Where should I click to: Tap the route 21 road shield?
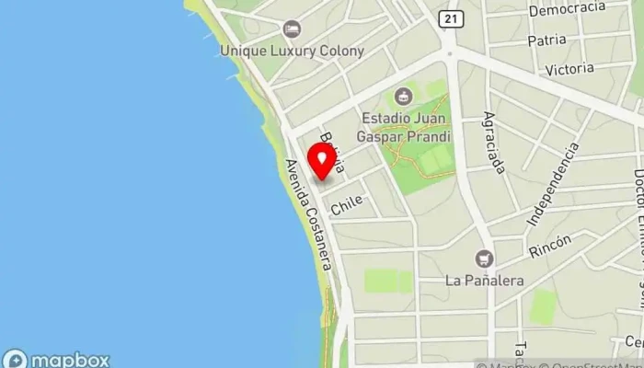448,19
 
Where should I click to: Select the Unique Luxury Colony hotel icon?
292,30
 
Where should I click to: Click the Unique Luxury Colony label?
292,52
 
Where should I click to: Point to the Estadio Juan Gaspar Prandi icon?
403,96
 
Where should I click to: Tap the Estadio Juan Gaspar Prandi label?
406,127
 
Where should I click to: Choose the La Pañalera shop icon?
484,259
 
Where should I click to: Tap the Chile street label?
347,204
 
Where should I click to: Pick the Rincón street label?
550,246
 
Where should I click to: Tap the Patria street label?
546,40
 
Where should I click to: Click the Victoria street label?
569,69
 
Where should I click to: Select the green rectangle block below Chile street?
387,281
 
